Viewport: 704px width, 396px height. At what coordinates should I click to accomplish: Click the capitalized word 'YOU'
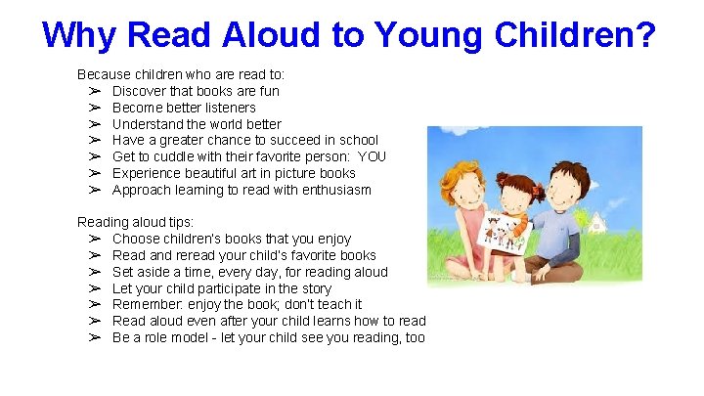(372, 156)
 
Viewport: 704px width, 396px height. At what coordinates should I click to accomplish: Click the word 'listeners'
(226, 108)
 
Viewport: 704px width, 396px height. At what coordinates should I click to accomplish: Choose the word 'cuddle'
(184, 156)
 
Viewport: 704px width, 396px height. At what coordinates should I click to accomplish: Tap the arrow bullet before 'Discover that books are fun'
(95, 91)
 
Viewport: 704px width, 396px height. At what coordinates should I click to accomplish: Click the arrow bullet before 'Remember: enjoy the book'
(95, 304)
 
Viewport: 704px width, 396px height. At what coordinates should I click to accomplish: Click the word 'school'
(357, 140)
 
